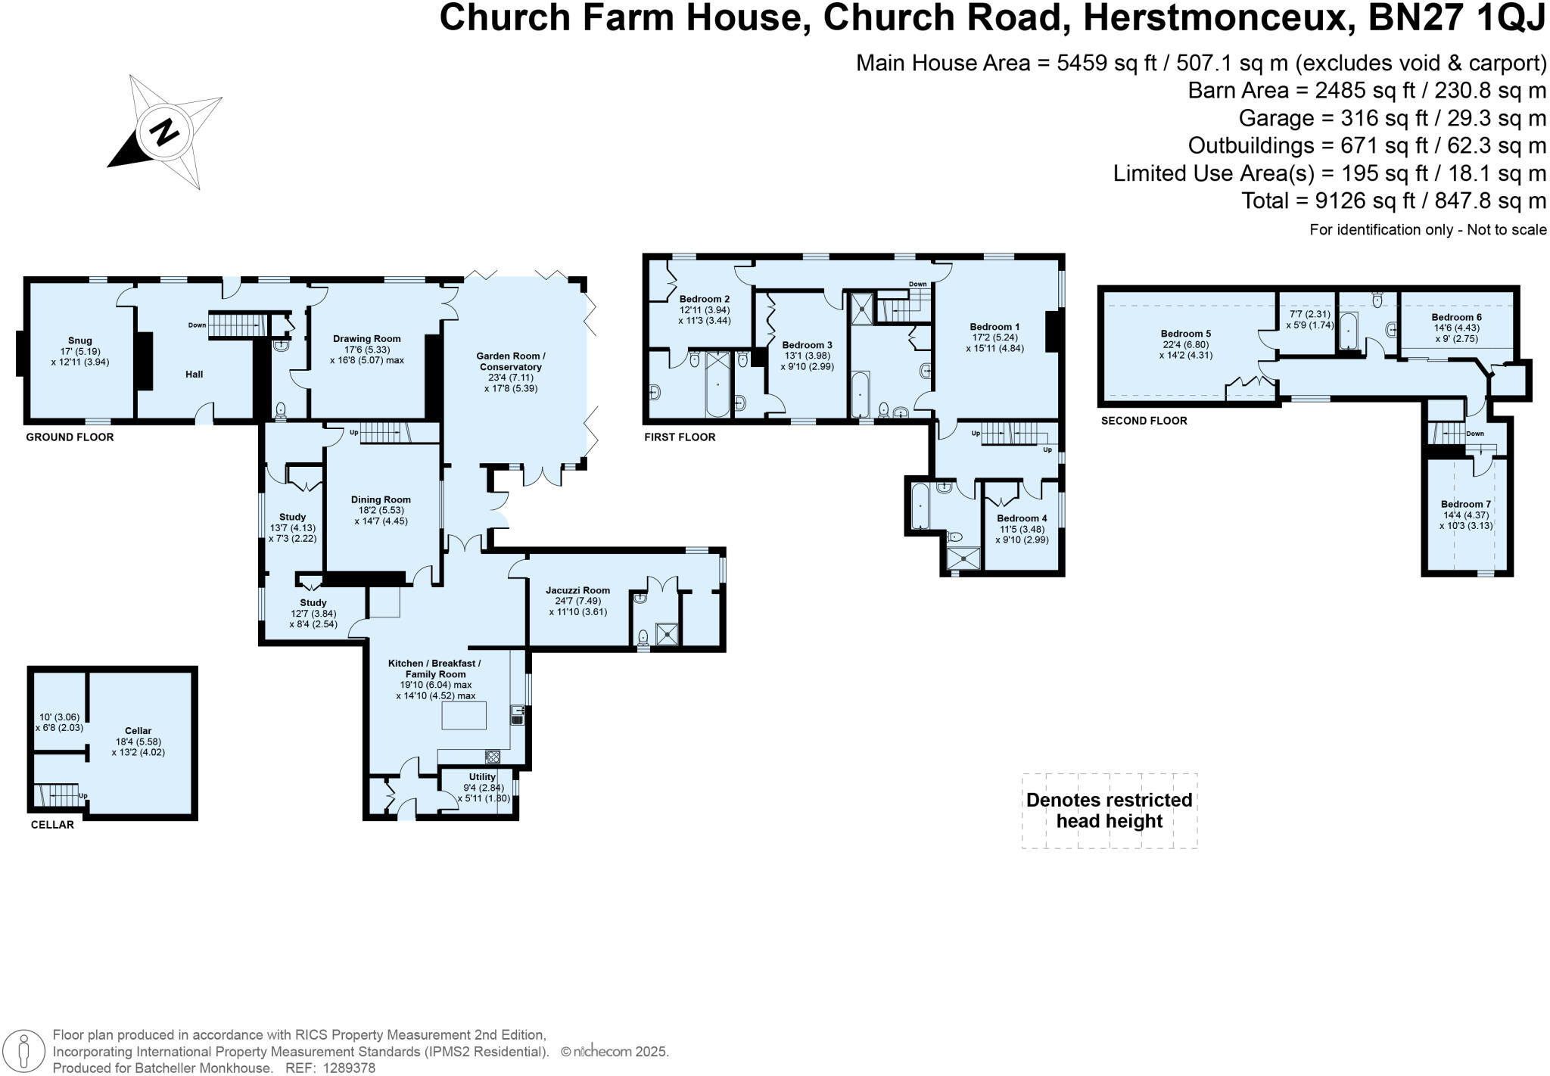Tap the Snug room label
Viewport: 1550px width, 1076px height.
coord(79,341)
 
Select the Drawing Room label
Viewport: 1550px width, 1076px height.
coord(367,338)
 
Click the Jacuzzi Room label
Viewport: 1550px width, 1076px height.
coord(577,590)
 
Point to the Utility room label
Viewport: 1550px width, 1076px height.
coord(482,777)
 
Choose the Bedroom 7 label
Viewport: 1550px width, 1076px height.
coord(1466,504)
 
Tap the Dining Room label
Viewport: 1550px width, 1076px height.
coord(381,499)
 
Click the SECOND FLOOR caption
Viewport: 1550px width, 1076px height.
coord(1144,421)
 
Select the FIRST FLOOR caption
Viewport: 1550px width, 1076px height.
coord(680,437)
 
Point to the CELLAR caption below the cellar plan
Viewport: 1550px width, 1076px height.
coord(52,825)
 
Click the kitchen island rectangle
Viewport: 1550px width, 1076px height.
coord(464,715)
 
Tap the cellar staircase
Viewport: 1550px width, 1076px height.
coord(57,795)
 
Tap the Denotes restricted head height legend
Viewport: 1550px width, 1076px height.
coord(1109,810)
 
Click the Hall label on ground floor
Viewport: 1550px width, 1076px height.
coord(195,374)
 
